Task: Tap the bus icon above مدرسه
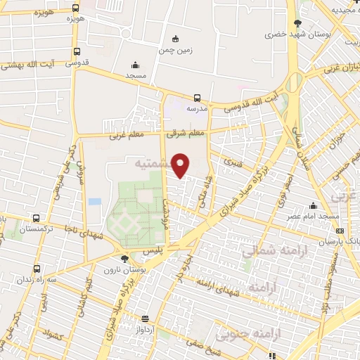(196, 98)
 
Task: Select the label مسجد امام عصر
(313, 216)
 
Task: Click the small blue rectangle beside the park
(94, 202)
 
